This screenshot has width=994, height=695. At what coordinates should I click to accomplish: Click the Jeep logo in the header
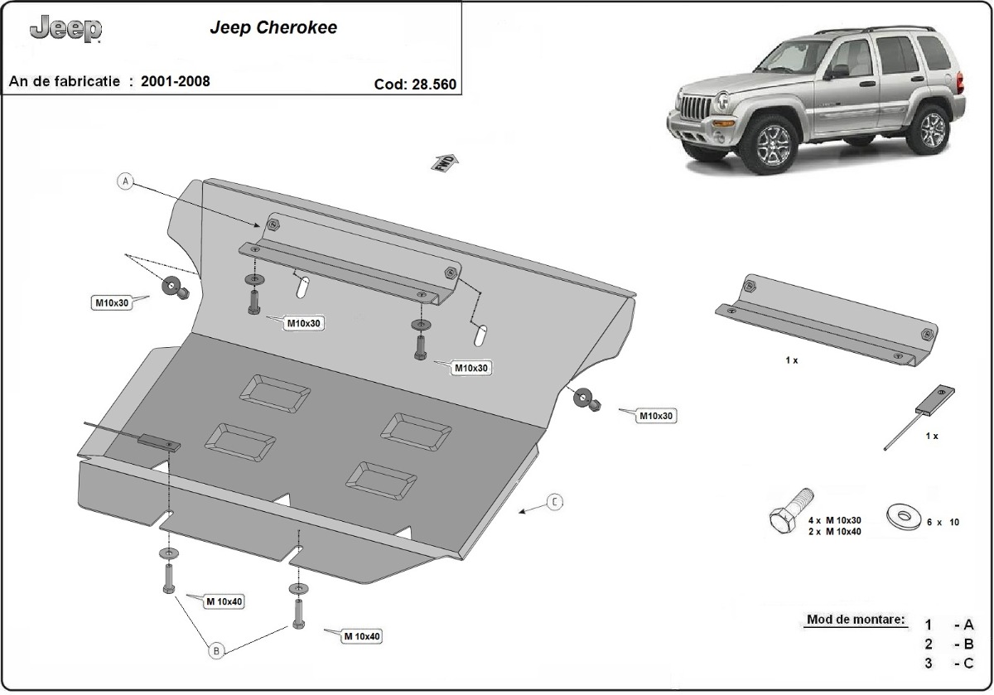tap(65, 30)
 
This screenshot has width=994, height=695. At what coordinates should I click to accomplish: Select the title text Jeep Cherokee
tap(273, 27)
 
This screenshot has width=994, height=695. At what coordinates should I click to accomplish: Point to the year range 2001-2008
tap(175, 81)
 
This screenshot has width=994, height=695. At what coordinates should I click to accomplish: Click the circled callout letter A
tap(125, 182)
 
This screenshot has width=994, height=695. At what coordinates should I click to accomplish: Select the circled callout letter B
tap(216, 652)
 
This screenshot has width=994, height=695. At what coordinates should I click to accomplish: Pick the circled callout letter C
tap(555, 501)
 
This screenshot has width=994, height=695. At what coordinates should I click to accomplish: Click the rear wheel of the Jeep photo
tap(932, 128)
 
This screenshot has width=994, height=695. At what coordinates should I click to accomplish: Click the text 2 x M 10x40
tap(834, 531)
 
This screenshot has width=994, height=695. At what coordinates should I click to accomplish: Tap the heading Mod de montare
tap(856, 620)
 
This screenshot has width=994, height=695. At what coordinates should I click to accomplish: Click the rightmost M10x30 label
tap(655, 416)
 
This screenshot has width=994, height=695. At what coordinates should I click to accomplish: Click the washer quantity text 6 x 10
tap(943, 523)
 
